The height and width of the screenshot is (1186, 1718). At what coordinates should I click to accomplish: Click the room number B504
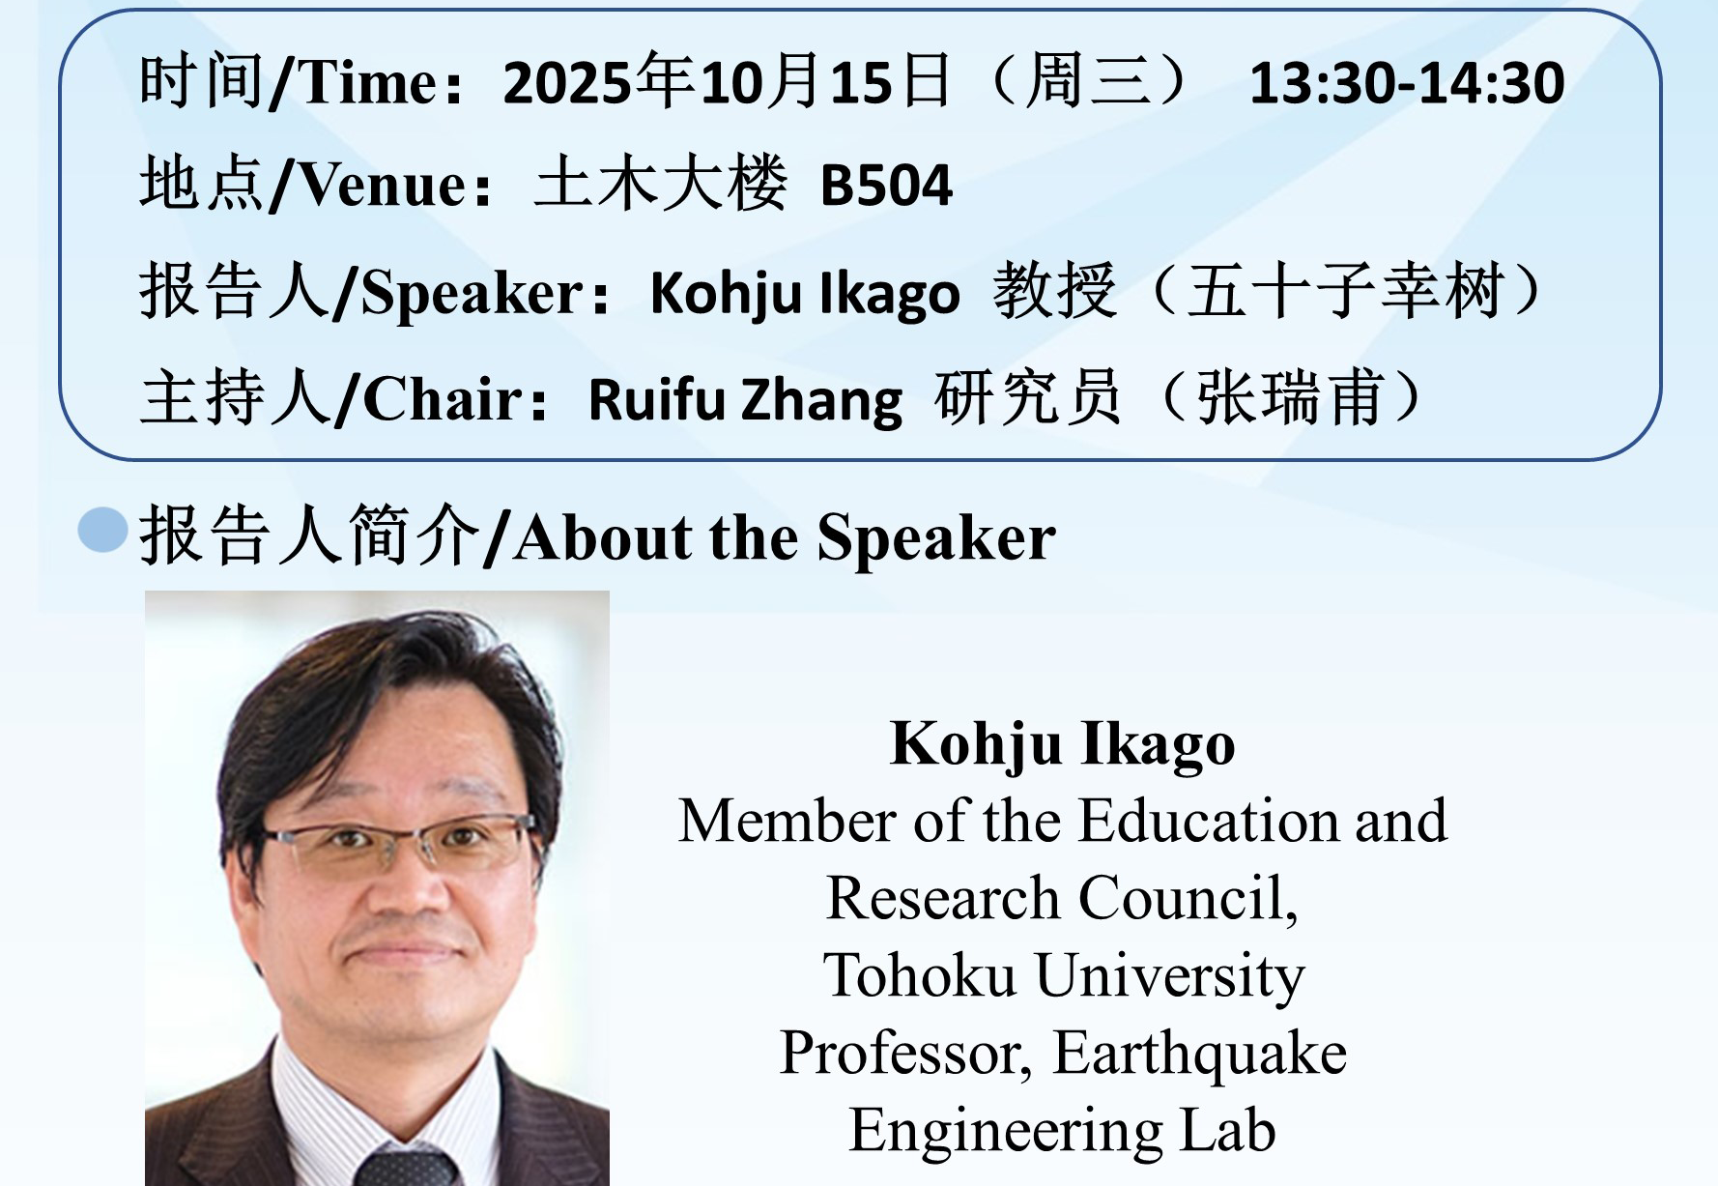pyautogui.click(x=886, y=185)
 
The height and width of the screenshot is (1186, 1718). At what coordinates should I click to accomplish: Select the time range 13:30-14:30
pyautogui.click(x=1407, y=82)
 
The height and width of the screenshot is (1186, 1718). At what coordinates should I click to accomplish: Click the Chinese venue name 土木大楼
pyautogui.click(x=661, y=183)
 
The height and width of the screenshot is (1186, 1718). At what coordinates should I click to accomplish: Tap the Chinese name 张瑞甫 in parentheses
pyautogui.click(x=1290, y=397)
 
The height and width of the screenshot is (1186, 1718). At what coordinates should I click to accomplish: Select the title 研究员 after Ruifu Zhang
pyautogui.click(x=1028, y=397)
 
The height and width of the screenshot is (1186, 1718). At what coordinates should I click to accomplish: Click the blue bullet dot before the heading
pyautogui.click(x=102, y=530)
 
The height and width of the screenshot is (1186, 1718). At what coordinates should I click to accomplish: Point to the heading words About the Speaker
pyautogui.click(x=785, y=538)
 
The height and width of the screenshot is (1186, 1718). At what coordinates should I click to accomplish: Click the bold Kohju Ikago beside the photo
pyautogui.click(x=1062, y=744)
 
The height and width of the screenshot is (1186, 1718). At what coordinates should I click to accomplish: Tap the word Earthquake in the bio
pyautogui.click(x=1199, y=1054)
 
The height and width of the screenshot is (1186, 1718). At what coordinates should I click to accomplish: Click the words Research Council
pyautogui.click(x=1062, y=898)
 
